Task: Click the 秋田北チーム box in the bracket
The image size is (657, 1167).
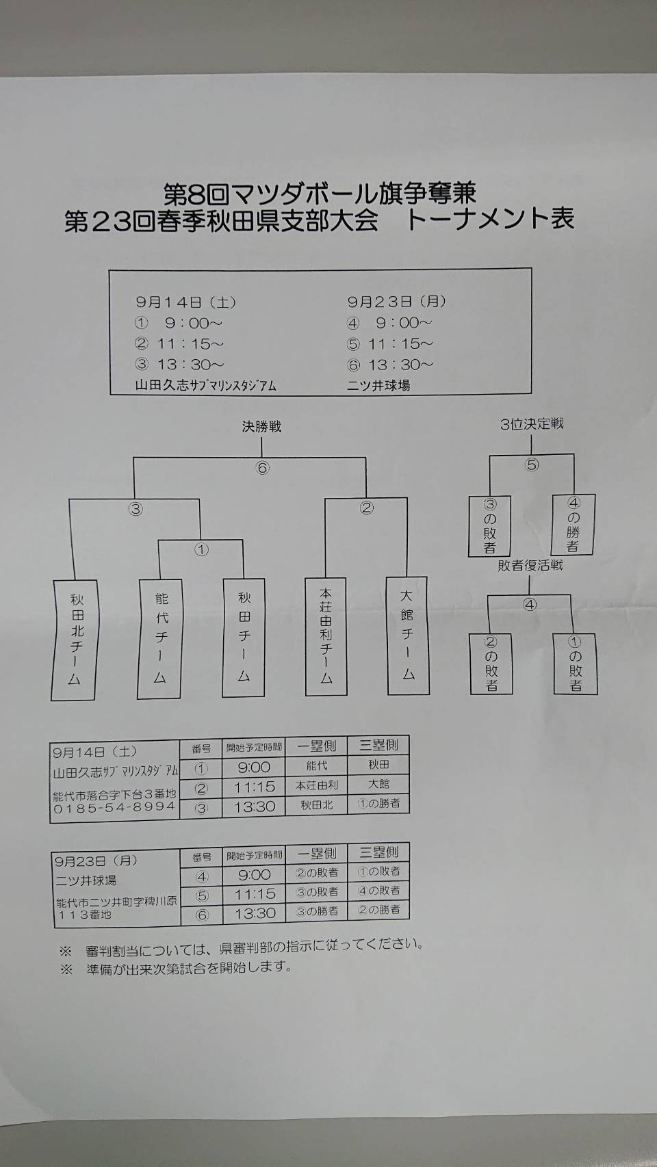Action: [x=73, y=640]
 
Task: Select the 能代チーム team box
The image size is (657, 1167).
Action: [x=160, y=639]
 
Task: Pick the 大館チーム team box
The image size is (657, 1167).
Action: [x=408, y=635]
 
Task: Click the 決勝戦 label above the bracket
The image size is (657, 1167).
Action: [x=261, y=427]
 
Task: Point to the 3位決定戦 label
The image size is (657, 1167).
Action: [x=532, y=424]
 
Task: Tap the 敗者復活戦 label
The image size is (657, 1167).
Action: [x=530, y=566]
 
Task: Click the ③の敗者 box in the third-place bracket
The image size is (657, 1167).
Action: [x=489, y=526]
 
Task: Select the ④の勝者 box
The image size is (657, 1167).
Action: [x=573, y=525]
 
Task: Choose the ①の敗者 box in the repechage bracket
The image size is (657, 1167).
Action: [x=575, y=664]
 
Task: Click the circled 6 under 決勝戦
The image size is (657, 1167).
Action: [x=262, y=469]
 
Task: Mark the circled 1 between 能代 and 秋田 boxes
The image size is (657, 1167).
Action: [x=201, y=550]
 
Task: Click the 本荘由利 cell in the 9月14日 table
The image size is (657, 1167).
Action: [x=317, y=786]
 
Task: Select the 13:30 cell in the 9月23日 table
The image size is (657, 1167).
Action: [x=255, y=913]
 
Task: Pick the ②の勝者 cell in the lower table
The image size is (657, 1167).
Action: [x=378, y=910]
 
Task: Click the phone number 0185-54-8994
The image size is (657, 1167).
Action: [x=114, y=807]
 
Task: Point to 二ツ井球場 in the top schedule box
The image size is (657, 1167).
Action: [x=378, y=386]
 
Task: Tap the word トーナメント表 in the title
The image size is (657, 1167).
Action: [x=490, y=220]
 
